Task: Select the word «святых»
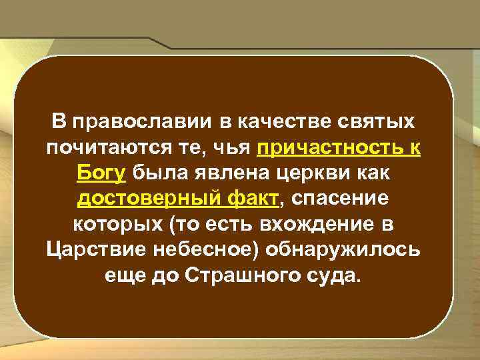pos(373,123)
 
